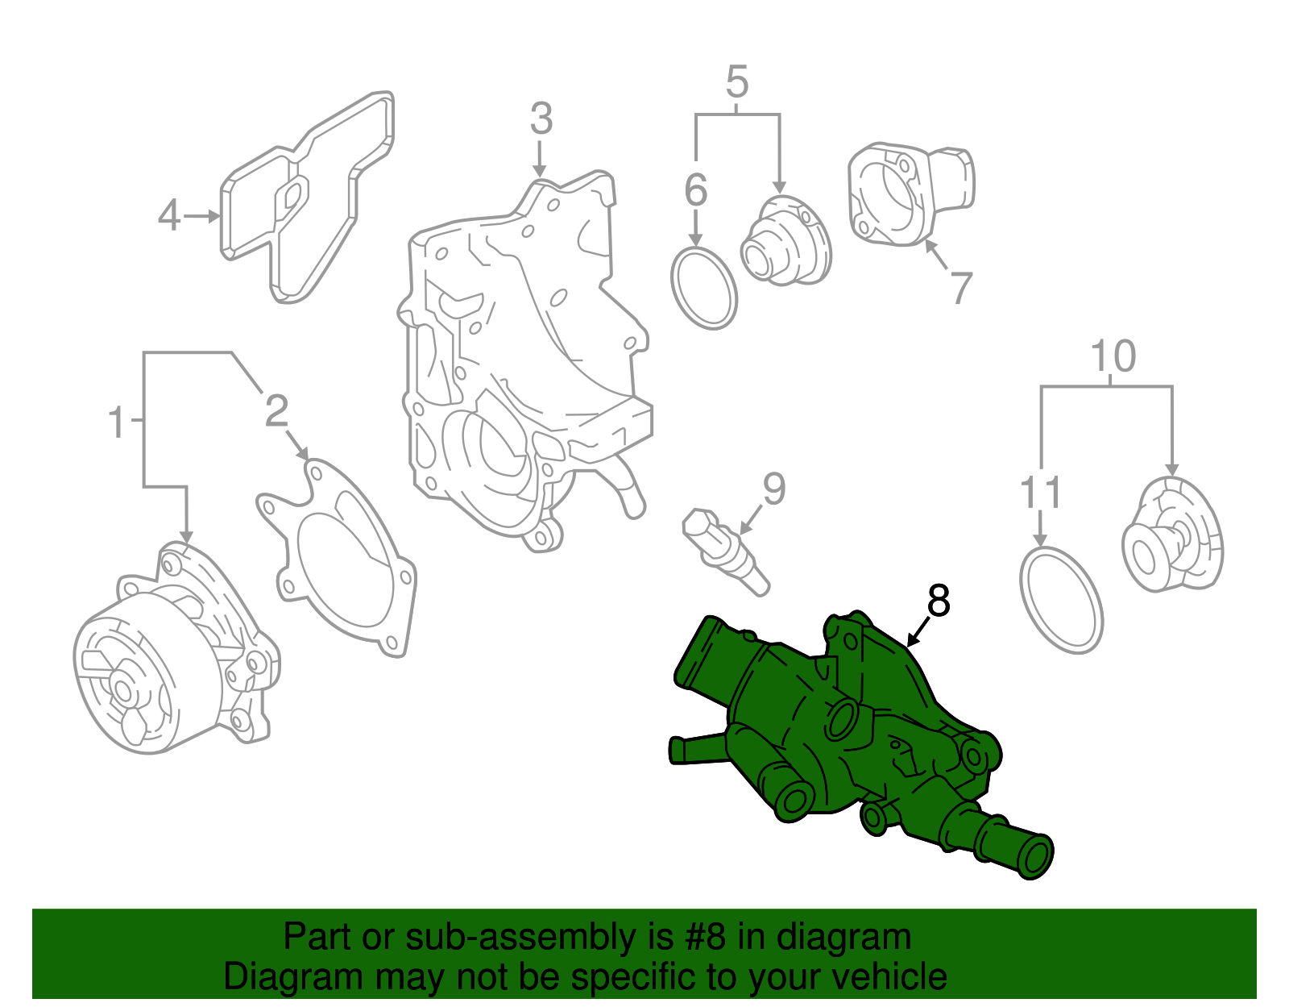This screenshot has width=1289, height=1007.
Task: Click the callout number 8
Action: (939, 601)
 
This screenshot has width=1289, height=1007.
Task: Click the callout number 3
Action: (541, 119)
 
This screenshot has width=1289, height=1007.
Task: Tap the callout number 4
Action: (168, 216)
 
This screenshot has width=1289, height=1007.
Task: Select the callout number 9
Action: (773, 489)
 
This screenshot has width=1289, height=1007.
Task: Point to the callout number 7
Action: (961, 289)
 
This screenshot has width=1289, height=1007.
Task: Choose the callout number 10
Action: (1113, 356)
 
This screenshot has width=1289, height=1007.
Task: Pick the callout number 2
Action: (276, 411)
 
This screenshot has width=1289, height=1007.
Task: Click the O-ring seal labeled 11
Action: (1061, 600)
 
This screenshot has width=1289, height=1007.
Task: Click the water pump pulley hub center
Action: (123, 690)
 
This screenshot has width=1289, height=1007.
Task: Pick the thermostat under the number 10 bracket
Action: (1172, 536)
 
